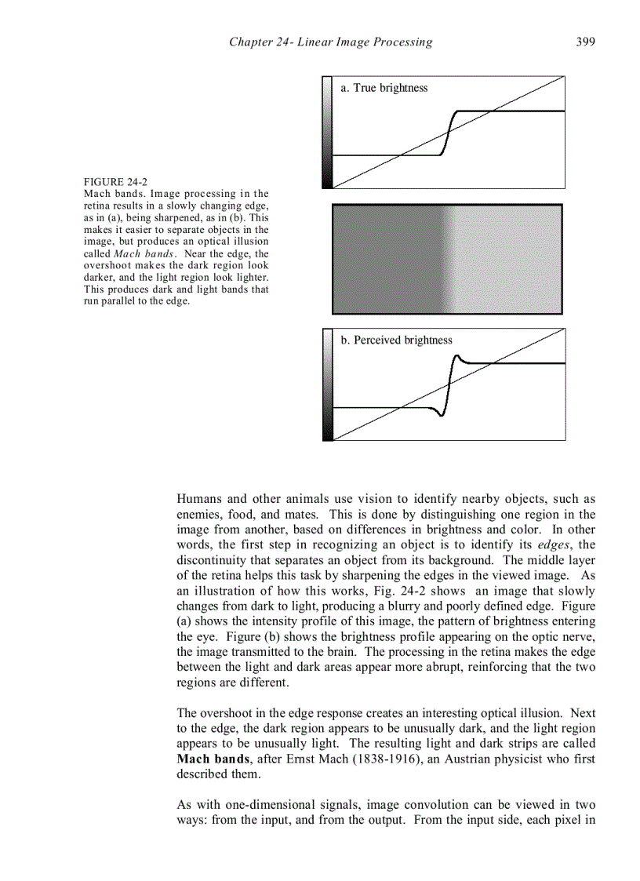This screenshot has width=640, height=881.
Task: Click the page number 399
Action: (x=585, y=42)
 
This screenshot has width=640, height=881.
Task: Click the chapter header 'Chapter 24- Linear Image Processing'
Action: (x=330, y=42)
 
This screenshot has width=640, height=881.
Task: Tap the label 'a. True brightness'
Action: (x=384, y=88)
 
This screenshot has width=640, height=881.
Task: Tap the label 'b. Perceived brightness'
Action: (x=396, y=340)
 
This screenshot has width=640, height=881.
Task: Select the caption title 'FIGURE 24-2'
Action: (x=115, y=182)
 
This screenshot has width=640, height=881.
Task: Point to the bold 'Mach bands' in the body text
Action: (x=209, y=759)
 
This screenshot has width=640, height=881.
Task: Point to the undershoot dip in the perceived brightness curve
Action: (x=441, y=413)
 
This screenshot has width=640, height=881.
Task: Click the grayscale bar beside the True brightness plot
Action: (x=327, y=132)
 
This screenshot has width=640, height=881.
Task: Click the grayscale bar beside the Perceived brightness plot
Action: (x=327, y=384)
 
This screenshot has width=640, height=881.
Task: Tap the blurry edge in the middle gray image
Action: (x=445, y=259)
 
